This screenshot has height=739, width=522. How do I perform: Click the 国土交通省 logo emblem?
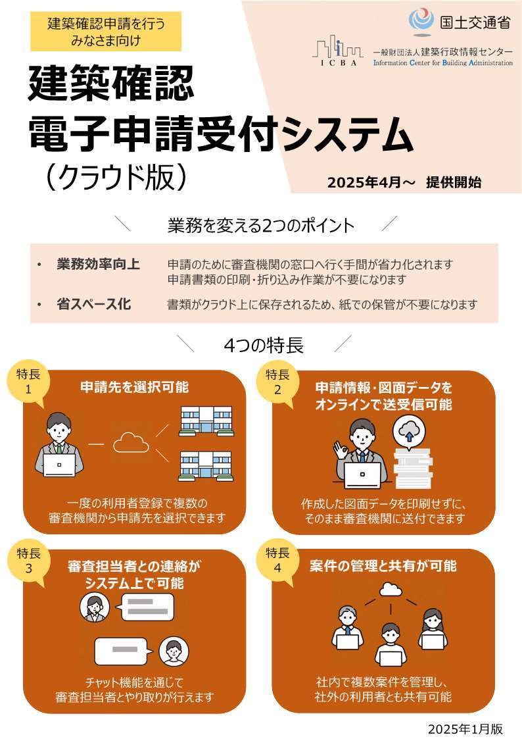[x=421, y=20]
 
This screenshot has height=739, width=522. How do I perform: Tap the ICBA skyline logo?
[x=337, y=50]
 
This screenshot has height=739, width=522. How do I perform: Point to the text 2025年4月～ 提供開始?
[x=404, y=183]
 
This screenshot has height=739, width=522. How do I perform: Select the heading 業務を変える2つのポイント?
[x=260, y=226]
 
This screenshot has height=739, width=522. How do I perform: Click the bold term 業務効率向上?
[x=98, y=265]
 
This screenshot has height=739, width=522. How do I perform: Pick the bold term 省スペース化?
[x=93, y=304]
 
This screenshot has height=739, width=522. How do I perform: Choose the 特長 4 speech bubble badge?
[x=277, y=560]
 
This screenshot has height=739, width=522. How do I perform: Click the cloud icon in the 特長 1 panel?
[x=131, y=444]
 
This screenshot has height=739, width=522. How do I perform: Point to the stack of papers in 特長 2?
[x=412, y=468]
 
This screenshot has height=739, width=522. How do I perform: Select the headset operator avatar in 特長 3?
[x=93, y=608]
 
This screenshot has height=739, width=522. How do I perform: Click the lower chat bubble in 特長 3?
[x=120, y=651]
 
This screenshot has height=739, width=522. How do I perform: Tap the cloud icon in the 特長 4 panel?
[x=391, y=589]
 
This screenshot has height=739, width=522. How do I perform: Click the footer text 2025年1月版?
[x=465, y=728]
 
